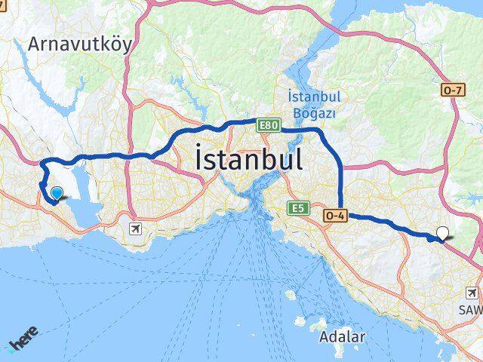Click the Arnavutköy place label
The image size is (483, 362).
click(79, 44)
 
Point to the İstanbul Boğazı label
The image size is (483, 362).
click(314, 104)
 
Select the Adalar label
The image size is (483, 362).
click(342, 336)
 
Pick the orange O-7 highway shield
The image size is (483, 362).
click(451, 90)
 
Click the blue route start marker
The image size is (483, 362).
click(56, 194)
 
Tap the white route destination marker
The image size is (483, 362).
click(442, 234)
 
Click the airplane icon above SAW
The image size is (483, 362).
click(472, 293)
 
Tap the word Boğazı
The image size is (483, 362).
click(314, 112)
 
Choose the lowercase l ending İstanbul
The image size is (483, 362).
click(300, 159)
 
